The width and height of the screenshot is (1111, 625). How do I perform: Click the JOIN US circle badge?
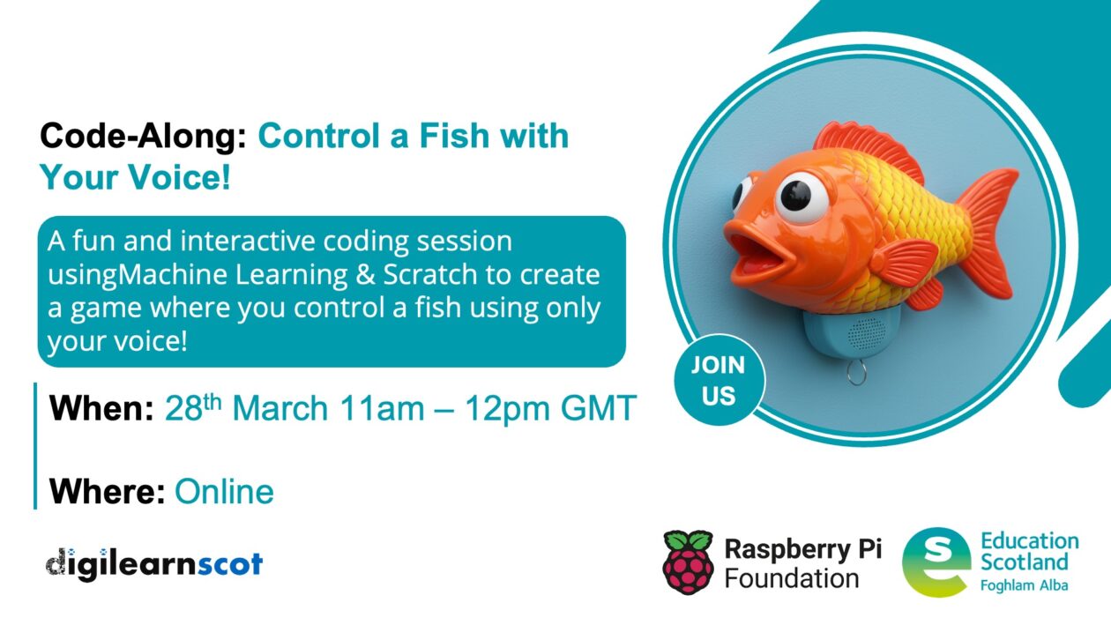pyautogui.click(x=719, y=381)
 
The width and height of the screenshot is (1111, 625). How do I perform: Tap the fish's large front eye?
pyautogui.click(x=803, y=191)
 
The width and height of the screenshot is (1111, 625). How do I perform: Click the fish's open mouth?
pyautogui.click(x=761, y=255)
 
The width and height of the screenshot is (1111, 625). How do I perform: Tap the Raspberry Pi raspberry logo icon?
pyautogui.click(x=688, y=561)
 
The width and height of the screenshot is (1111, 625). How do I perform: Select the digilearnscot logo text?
pyautogui.click(x=153, y=562)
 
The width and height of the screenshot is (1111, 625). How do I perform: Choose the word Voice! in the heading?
pyautogui.click(x=182, y=178)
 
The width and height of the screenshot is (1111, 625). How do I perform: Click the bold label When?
pyautogui.click(x=101, y=409)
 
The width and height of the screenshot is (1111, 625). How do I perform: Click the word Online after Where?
pyautogui.click(x=224, y=491)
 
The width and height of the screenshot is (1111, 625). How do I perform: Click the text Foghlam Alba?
pyautogui.click(x=1024, y=584)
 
